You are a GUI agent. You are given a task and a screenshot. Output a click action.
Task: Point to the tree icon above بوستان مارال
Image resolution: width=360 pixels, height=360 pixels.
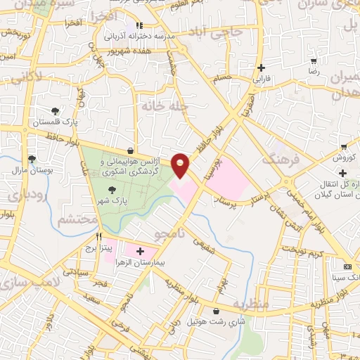(31, 160)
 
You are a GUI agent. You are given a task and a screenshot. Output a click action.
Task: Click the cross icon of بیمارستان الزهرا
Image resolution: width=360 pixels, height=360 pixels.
(140, 251)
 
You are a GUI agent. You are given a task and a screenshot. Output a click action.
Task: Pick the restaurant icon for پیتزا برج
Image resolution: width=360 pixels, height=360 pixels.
(99, 237)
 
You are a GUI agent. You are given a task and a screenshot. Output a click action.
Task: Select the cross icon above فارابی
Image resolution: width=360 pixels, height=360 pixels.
(262, 68)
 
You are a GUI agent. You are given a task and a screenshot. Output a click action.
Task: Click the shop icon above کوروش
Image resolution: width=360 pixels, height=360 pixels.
(343, 147)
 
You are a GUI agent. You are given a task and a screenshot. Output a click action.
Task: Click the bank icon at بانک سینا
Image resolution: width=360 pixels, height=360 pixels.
(347, 266)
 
